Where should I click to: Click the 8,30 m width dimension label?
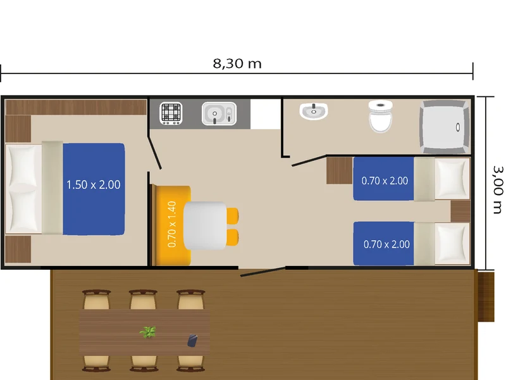click(237, 64)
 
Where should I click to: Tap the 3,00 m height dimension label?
click(498, 189)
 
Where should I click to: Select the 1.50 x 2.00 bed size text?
click(93, 185)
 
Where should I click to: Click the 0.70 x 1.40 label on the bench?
click(172, 224)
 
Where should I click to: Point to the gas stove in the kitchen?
click(171, 113)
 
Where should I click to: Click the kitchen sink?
click(219, 113)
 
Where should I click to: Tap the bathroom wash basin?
click(314, 111)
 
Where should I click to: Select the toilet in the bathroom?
click(381, 116)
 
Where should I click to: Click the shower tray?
click(445, 127)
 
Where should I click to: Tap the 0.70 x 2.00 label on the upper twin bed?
click(385, 180)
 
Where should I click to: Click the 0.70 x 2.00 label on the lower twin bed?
click(386, 244)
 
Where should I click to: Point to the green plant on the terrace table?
click(148, 332)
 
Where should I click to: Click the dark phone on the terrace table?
click(192, 341)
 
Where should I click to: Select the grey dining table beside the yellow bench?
click(204, 225)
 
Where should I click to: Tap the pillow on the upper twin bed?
click(452, 178)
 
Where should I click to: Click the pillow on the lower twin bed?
click(452, 243)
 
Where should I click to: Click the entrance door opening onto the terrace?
click(262, 272)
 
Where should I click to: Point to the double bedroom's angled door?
click(154, 153)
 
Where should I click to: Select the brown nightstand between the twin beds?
click(460, 211)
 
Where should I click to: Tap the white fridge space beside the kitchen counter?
click(265, 114)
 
